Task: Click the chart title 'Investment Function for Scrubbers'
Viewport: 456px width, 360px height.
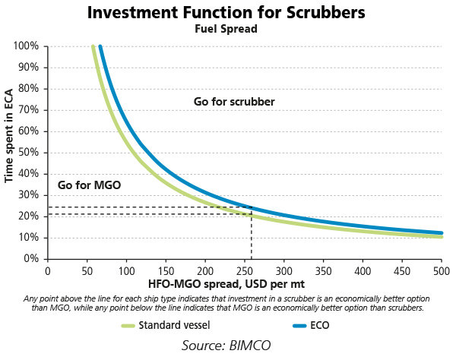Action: tap(227, 13)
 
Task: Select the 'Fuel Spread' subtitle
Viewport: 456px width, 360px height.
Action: tap(227, 30)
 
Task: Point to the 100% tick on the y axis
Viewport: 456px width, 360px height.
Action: tap(27, 46)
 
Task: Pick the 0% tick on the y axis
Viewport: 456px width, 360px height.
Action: tap(32, 259)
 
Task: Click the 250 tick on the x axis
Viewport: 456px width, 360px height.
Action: tap(244, 270)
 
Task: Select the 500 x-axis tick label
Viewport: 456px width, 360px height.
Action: tap(442, 270)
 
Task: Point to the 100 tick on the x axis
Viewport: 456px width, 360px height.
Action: tap(126, 270)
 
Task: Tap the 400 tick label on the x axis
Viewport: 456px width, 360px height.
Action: tap(363, 270)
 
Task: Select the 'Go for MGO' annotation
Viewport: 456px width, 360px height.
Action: tap(90, 185)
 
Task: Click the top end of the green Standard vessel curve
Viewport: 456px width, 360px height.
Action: tap(93, 47)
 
